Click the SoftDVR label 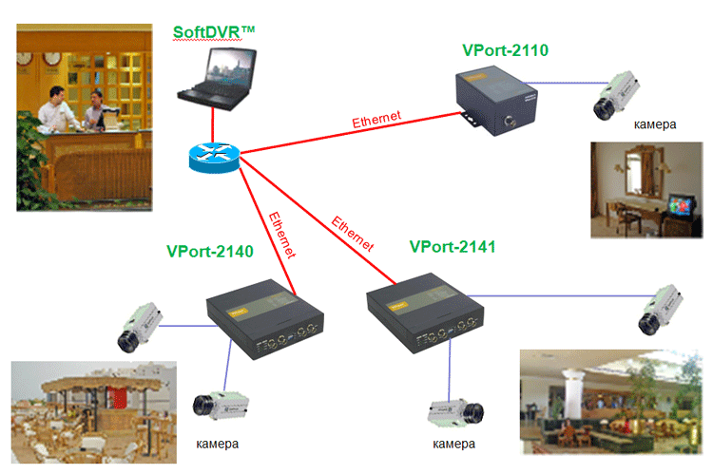[215, 32]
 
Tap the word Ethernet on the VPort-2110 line [376, 121]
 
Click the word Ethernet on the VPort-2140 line [282, 235]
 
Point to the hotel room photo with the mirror [646, 189]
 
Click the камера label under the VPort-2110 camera [656, 124]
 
